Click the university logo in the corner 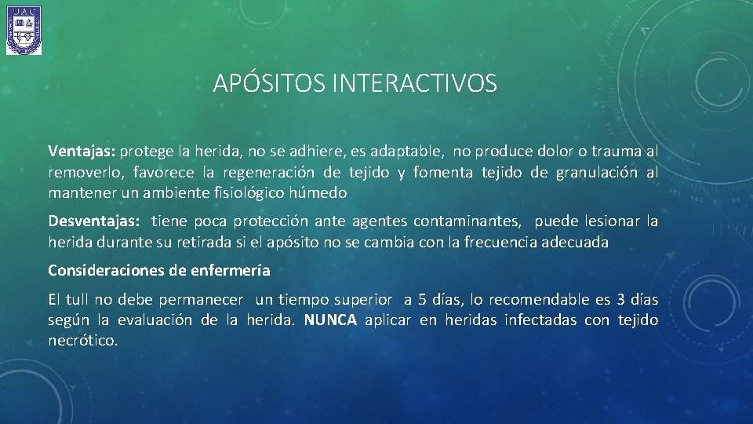coord(24,31)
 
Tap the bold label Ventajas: coord(82,151)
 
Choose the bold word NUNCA coord(330,320)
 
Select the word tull coord(77,299)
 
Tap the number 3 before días coord(621,299)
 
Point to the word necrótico coord(82,341)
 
